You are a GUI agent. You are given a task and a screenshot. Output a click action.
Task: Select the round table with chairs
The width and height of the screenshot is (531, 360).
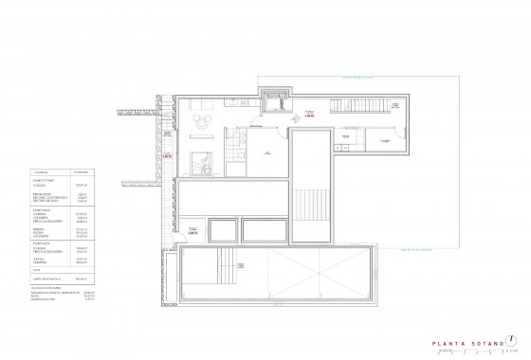pos(200,120)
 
